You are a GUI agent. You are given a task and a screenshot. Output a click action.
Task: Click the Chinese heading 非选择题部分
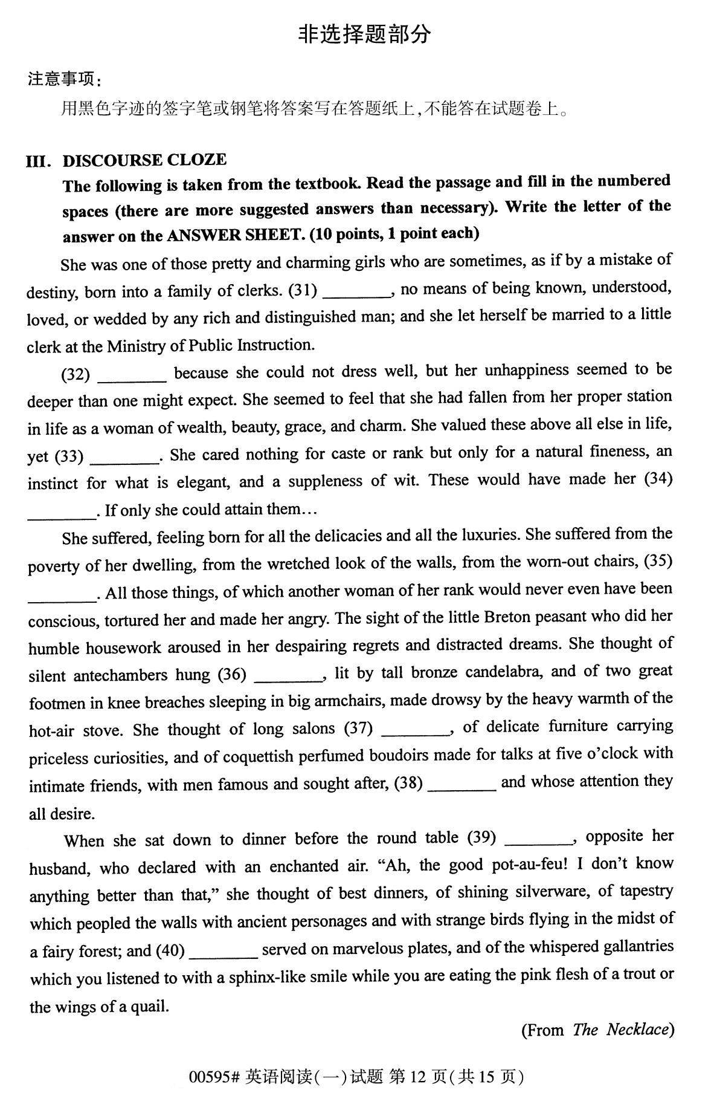tap(364, 34)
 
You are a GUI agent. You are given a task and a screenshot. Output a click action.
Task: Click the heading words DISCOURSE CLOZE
tap(145, 160)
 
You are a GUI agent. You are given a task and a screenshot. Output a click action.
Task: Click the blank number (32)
tap(76, 375)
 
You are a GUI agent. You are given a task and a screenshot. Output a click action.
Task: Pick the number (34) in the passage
tap(658, 479)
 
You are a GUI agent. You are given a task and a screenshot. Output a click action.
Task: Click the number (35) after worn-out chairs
tap(658, 561)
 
